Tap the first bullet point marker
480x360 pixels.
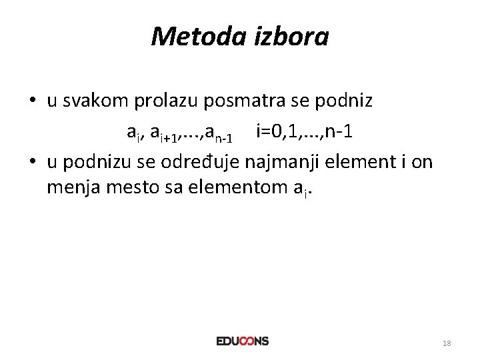[32, 102]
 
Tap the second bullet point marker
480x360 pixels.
[32, 161]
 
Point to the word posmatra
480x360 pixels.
[251, 101]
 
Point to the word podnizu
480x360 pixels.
[96, 161]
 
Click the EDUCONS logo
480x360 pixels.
[242, 341]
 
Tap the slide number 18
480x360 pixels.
[447, 343]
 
